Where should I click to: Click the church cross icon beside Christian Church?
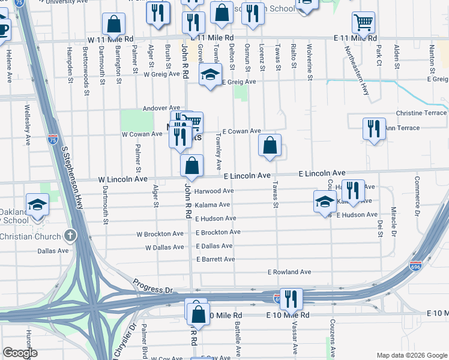[x=70, y=235]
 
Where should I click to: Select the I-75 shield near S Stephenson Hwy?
[x=52, y=139]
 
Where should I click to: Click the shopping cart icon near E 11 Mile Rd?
[x=364, y=22]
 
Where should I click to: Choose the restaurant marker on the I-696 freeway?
[x=291, y=298]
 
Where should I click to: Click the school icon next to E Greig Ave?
[x=209, y=75]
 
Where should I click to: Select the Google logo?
[x=20, y=353]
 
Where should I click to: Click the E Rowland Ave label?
[x=289, y=272]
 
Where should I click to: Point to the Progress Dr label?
[x=152, y=286]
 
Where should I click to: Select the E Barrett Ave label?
[x=215, y=259]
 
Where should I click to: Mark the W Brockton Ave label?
[x=160, y=234]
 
